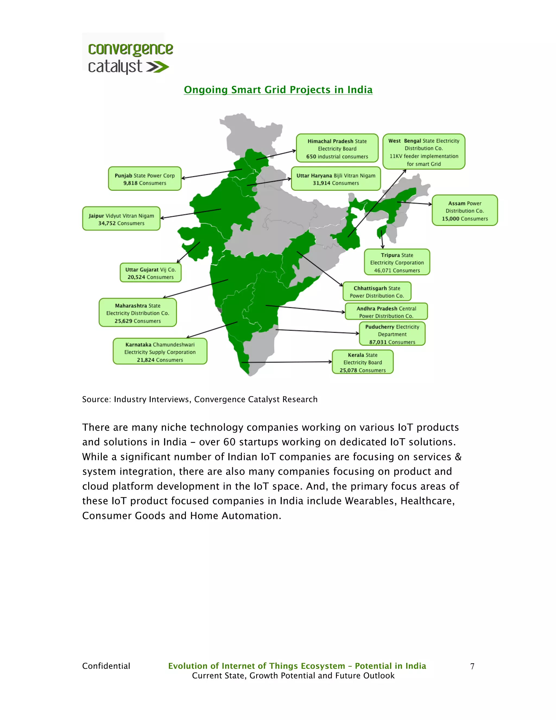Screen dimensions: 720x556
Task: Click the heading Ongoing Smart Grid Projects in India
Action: (x=278, y=90)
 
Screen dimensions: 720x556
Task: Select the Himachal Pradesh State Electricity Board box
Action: (x=337, y=148)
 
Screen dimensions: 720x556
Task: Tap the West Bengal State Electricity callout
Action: (x=424, y=152)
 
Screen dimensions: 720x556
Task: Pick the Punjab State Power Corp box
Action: (x=145, y=179)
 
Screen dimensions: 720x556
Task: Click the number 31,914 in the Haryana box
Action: (x=321, y=183)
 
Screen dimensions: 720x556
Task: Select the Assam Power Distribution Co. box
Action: (x=465, y=211)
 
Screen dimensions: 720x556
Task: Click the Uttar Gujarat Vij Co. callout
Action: (x=150, y=273)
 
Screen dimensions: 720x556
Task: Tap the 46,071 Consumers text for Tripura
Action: (x=397, y=271)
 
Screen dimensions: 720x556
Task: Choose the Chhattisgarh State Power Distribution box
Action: (x=377, y=292)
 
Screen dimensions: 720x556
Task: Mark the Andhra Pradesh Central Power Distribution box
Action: (x=386, y=312)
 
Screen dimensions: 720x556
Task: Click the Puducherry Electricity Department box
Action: (x=392, y=334)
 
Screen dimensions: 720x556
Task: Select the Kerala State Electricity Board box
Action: (x=362, y=362)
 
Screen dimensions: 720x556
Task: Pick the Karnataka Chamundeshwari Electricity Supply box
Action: (x=160, y=351)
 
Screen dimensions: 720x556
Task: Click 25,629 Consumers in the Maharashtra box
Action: (x=138, y=321)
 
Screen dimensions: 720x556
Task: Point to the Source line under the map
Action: (x=200, y=399)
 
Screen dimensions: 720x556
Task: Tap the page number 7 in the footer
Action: (x=472, y=666)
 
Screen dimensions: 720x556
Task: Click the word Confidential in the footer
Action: (x=106, y=666)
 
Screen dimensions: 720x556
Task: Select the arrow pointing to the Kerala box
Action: (x=287, y=362)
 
